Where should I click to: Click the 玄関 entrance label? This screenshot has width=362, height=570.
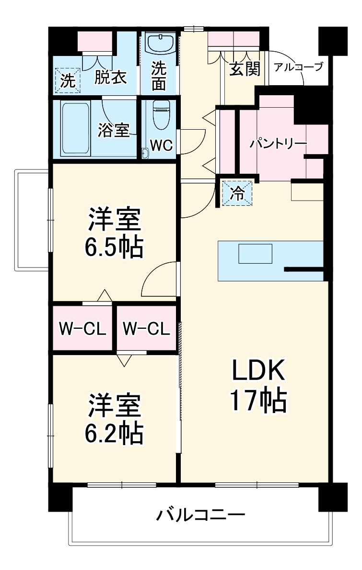(245, 69)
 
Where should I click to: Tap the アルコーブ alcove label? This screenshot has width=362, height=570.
(298, 67)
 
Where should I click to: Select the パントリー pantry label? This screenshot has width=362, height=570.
(278, 144)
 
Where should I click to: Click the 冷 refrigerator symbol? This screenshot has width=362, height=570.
(237, 193)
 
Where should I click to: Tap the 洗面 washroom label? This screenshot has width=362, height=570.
(159, 77)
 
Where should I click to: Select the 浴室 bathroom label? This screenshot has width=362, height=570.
(114, 130)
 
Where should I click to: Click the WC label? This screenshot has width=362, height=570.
(161, 145)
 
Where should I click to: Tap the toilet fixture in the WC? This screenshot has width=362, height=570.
(160, 115)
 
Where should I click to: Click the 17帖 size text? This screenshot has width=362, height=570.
(259, 401)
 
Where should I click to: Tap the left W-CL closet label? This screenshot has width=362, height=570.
(82, 329)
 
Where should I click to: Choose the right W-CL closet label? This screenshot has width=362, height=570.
(146, 329)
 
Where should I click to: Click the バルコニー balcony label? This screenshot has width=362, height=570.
(201, 515)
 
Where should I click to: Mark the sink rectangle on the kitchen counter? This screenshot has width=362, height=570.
(256, 254)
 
